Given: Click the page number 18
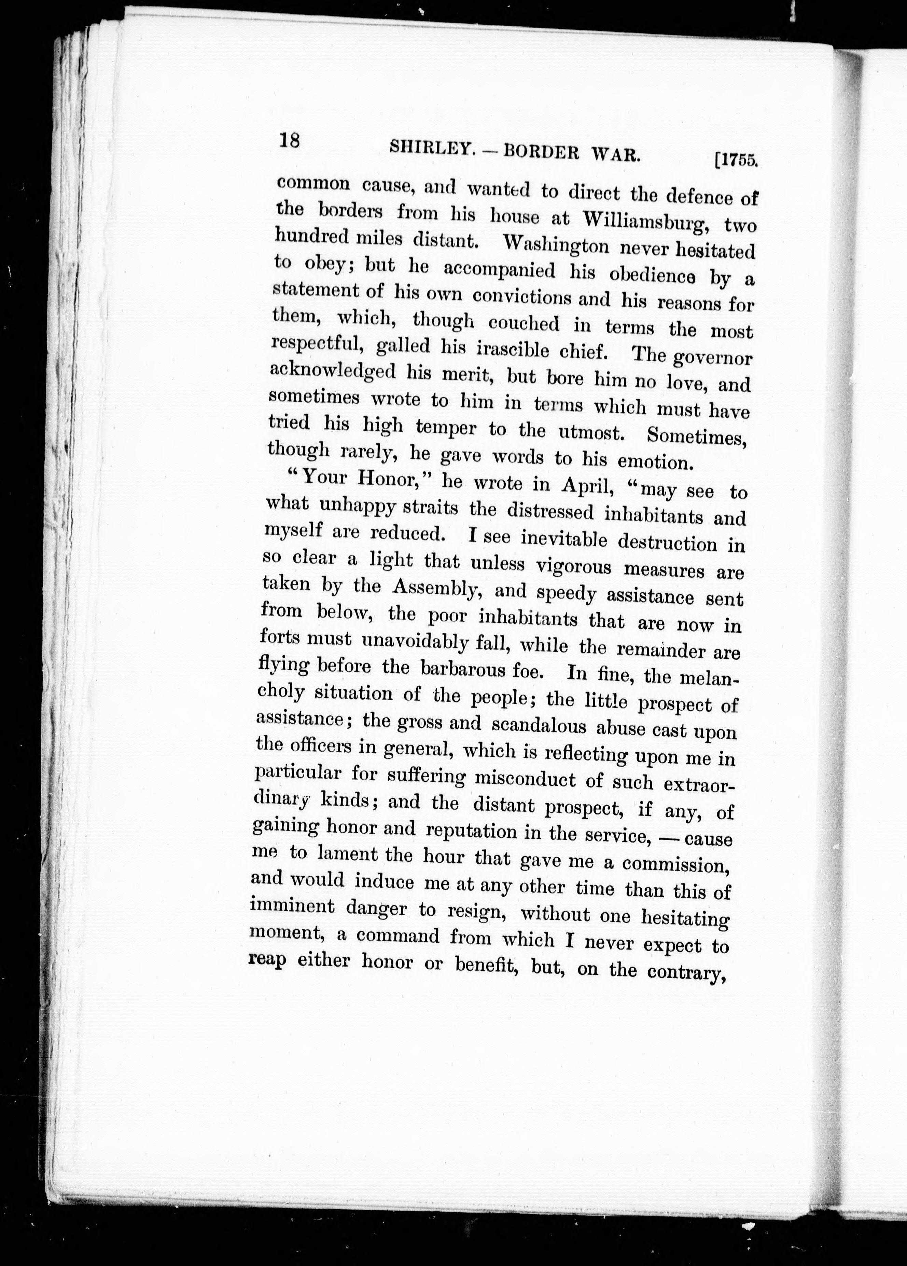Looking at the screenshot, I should (290, 139).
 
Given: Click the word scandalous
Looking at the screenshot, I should (539, 726).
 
